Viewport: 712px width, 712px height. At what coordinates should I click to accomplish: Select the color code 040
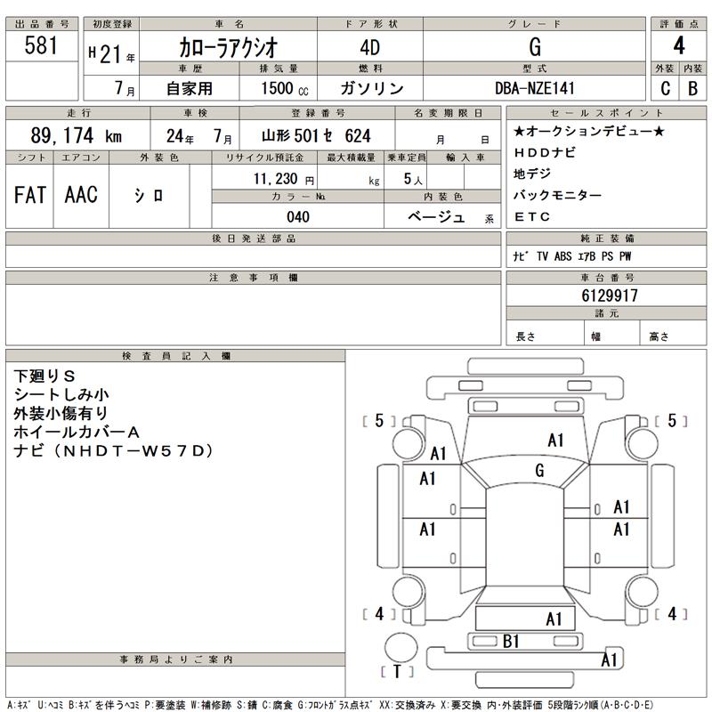296,216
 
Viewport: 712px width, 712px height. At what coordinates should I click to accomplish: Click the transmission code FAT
30,196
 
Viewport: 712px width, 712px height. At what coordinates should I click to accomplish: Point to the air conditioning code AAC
81,196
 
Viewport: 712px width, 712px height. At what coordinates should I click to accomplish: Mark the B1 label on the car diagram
511,641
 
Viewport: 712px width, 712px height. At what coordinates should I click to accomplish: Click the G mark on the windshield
539,470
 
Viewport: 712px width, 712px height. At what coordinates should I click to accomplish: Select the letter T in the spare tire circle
397,672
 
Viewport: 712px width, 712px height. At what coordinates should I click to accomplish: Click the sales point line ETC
532,216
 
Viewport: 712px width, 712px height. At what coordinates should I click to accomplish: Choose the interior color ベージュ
436,216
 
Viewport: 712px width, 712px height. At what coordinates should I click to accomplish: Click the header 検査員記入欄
175,356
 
